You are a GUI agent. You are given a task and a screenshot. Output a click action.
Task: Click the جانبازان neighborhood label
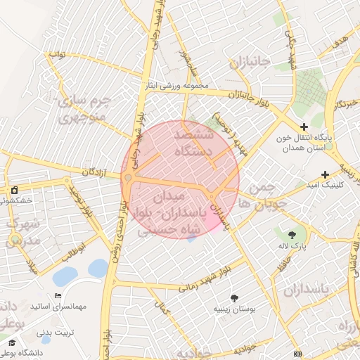coord(249,63)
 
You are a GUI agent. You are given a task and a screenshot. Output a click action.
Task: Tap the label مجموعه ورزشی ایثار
coord(176,86)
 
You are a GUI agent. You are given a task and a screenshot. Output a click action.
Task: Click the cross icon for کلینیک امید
coord(325,174)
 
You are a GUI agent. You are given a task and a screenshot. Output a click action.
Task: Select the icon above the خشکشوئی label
coord(14,190)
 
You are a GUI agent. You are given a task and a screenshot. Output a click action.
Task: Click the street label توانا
coord(57,54)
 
